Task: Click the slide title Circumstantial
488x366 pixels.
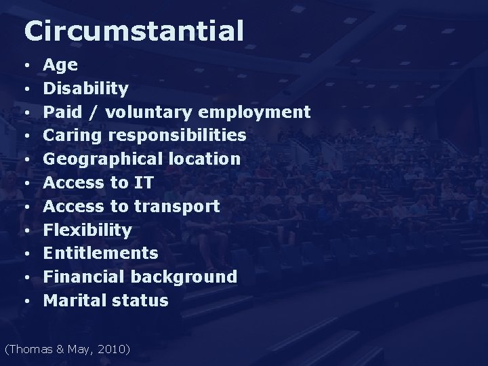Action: click(x=133, y=31)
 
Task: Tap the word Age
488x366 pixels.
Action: click(x=60, y=66)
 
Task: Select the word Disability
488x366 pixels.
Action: click(x=86, y=89)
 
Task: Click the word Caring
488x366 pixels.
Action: click(x=70, y=136)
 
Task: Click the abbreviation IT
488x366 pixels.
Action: click(x=144, y=183)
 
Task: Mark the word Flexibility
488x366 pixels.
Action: click(x=87, y=230)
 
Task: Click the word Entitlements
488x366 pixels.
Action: click(x=100, y=253)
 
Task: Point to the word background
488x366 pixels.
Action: click(x=184, y=277)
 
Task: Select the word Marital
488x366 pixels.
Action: click(x=73, y=300)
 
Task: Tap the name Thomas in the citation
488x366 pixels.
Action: click(x=29, y=350)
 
